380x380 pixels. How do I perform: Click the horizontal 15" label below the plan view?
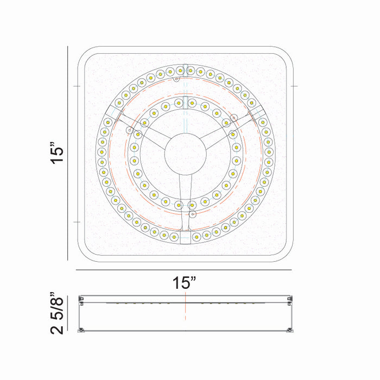click(x=184, y=282)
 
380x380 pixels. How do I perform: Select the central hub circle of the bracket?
click(x=186, y=154)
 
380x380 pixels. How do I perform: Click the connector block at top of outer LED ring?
click(x=186, y=71)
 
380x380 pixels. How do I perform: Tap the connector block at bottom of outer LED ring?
click(x=185, y=237)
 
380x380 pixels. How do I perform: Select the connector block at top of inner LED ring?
click(x=186, y=103)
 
